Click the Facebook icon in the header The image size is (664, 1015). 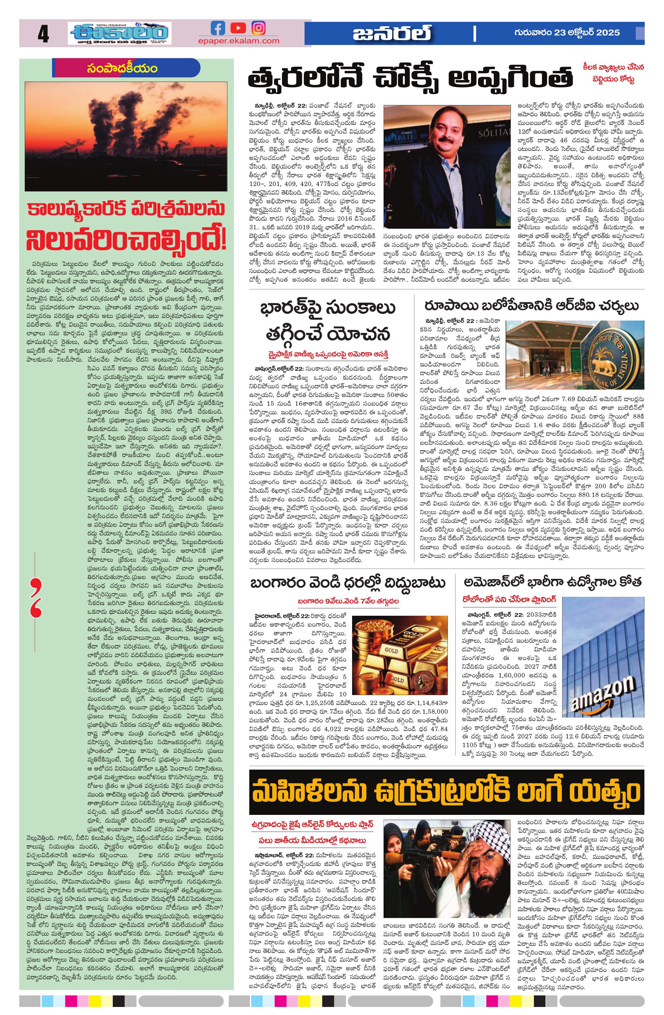coord(218,28)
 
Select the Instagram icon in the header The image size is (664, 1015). coord(258,28)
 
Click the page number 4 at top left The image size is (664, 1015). coord(43,34)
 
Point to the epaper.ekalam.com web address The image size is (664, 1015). coord(238,41)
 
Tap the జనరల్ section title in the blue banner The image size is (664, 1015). coord(392,34)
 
